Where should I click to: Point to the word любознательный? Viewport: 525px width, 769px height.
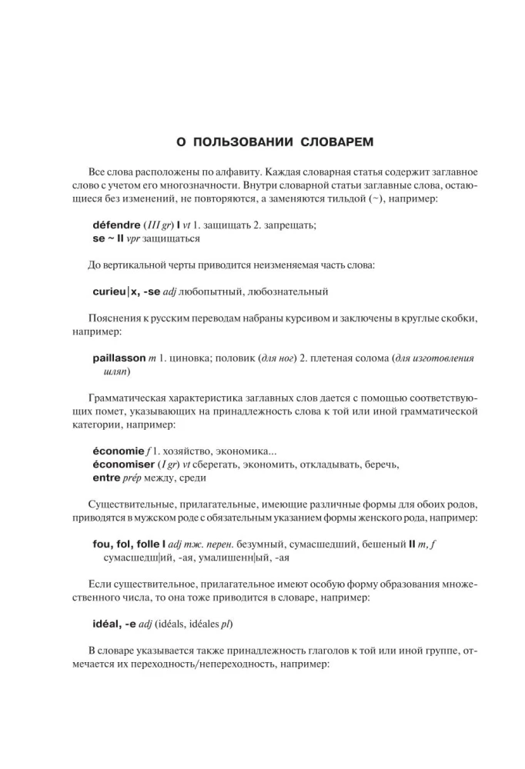(x=289, y=291)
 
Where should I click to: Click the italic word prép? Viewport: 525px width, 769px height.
(x=138, y=477)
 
